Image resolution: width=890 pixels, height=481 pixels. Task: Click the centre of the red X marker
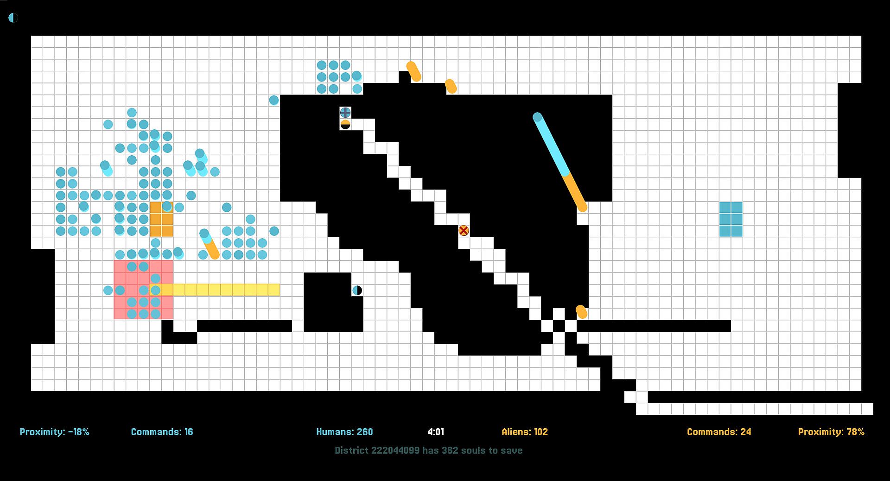(x=464, y=230)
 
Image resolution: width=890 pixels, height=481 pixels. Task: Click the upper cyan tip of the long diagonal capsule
(x=537, y=117)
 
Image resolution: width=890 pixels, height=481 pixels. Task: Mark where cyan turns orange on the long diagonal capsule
(x=566, y=174)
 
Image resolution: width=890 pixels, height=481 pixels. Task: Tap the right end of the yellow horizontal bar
(x=280, y=290)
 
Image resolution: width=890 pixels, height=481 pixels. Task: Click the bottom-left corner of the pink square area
(x=114, y=319)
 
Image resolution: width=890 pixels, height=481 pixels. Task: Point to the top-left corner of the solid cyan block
(x=719, y=202)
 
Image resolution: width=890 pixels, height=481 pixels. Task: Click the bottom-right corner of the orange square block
(x=173, y=237)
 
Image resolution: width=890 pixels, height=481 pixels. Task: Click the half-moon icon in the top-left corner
(x=13, y=18)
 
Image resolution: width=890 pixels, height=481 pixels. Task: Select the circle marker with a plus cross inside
(x=345, y=112)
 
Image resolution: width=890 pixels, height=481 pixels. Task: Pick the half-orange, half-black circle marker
(x=345, y=124)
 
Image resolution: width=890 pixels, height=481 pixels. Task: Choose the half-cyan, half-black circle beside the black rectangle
(x=357, y=290)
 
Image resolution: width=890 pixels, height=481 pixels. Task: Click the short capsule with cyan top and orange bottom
(x=209, y=244)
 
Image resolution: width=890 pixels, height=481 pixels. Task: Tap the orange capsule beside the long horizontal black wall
(x=581, y=312)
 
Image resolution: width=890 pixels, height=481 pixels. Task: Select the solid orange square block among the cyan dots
(x=161, y=219)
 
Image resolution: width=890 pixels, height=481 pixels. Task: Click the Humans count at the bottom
(x=344, y=432)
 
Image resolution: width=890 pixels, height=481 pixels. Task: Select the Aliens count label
(x=525, y=432)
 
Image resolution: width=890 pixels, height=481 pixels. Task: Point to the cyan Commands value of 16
(x=189, y=432)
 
